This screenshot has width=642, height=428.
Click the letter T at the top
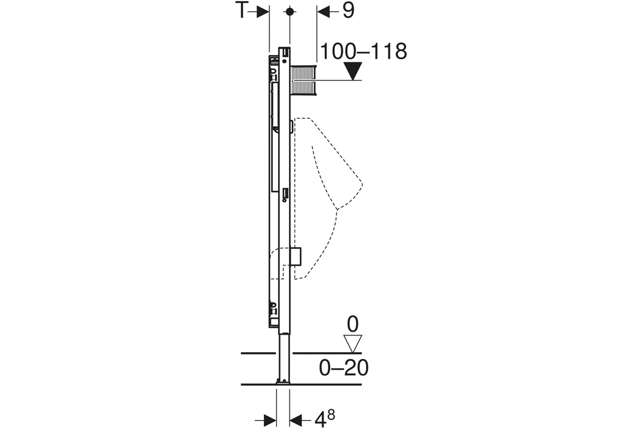242,10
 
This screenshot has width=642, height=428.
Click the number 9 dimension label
348,11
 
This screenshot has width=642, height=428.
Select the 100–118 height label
363,51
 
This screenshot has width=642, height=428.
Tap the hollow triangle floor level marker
353,343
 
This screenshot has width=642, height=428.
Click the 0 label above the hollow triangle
353,324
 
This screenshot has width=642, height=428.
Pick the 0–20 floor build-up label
343,368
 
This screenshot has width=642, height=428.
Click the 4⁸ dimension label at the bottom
325,419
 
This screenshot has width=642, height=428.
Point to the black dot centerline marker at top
290,12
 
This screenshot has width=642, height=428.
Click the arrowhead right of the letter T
263,12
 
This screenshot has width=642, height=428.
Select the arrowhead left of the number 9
323,12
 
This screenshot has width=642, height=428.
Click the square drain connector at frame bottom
295,256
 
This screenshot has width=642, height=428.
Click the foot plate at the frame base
283,381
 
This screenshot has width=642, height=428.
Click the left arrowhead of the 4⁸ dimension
270,421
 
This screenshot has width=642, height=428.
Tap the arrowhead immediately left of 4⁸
296,421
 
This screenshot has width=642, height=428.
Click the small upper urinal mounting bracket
292,127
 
